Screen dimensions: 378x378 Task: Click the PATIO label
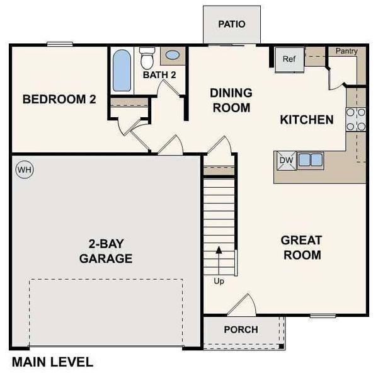[x=231, y=24]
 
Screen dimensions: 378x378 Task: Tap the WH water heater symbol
[x=23, y=169]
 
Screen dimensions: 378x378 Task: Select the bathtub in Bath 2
[x=121, y=70]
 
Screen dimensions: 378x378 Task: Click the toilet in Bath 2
[x=147, y=59]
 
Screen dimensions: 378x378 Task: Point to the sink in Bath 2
[x=172, y=55]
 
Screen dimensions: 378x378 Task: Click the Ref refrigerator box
[x=289, y=59]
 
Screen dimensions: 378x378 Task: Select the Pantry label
[x=346, y=50]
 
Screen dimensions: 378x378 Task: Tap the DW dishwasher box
[x=286, y=160]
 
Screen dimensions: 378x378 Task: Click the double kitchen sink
[x=311, y=160]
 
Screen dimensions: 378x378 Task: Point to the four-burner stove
[x=356, y=119]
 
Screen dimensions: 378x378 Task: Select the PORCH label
[x=241, y=329]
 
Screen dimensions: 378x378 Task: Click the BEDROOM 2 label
[x=59, y=99]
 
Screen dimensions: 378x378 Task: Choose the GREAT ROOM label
[x=302, y=248]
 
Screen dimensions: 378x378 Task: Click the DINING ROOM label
[x=231, y=100]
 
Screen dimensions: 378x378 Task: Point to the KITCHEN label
[x=306, y=120]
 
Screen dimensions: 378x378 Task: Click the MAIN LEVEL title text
[x=52, y=362]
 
